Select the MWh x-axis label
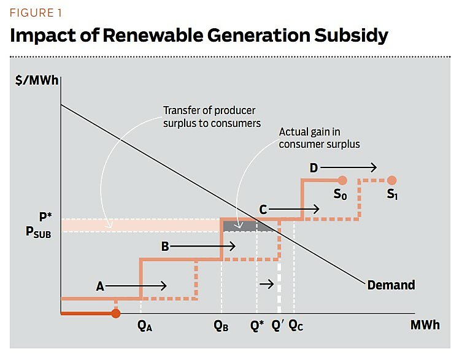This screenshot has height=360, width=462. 425,325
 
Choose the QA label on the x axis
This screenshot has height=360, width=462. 145,326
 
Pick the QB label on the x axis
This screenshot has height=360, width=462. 221,326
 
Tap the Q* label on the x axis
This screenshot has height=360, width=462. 257,326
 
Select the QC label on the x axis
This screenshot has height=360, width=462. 296,326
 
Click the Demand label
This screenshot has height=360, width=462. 391,285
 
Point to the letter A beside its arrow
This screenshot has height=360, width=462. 101,286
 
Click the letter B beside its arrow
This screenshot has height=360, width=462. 165,247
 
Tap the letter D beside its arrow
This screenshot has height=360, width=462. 314,167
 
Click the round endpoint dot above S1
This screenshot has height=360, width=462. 392,180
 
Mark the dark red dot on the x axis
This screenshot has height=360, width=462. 115,313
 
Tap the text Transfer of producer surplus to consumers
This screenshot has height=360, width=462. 211,117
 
